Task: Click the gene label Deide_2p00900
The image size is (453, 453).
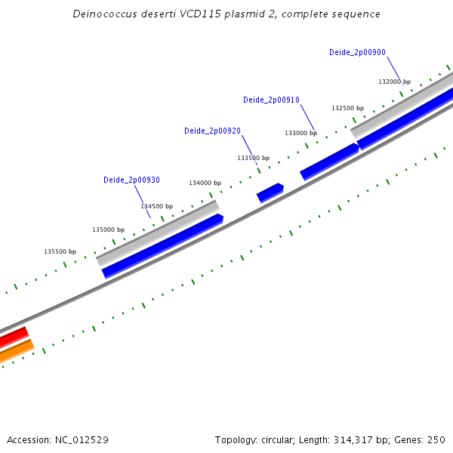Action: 357,52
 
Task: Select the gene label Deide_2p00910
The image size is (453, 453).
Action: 271,100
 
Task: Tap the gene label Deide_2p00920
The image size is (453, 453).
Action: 212,131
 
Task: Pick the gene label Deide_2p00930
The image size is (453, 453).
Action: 131,180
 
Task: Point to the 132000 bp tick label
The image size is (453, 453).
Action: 394,82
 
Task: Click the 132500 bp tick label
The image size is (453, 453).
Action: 347,108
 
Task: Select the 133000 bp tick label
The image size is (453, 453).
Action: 300,133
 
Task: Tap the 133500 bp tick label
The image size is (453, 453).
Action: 253,158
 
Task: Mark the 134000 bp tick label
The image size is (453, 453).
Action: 205,183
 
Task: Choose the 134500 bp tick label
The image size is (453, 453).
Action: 156,206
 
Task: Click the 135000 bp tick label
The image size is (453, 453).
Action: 108,230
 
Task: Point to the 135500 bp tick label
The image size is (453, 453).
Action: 60,251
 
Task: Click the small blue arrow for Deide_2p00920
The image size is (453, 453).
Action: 270,193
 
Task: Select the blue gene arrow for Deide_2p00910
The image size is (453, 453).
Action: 329,162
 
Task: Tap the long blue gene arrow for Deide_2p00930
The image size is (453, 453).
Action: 162,246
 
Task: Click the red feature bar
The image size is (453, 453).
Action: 13,337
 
